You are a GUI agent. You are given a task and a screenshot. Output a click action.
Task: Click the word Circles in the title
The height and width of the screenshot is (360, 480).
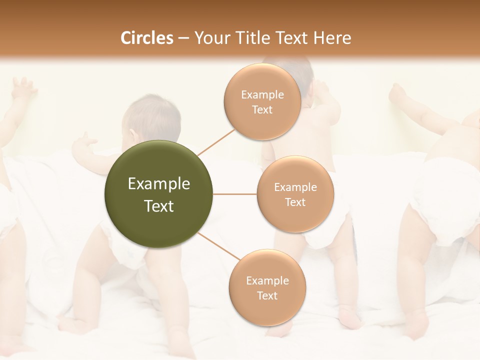click(146, 38)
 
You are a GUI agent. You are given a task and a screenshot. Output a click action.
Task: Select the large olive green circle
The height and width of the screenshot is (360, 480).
click(158, 194)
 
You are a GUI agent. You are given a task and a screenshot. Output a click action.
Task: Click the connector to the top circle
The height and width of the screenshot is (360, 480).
click(215, 142)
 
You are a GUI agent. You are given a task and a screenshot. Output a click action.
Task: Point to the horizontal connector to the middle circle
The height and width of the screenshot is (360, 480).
click(234, 194)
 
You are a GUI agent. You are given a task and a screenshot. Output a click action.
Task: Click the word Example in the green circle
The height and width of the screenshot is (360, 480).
click(158, 184)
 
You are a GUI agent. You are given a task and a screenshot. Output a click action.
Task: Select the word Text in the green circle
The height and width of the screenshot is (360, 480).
click(158, 206)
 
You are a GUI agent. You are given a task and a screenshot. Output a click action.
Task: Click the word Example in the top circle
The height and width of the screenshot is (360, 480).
click(262, 95)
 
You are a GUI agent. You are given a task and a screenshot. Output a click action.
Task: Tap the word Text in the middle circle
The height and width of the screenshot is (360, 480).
click(295, 202)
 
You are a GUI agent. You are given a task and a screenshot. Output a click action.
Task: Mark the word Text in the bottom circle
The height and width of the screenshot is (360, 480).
click(267, 295)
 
